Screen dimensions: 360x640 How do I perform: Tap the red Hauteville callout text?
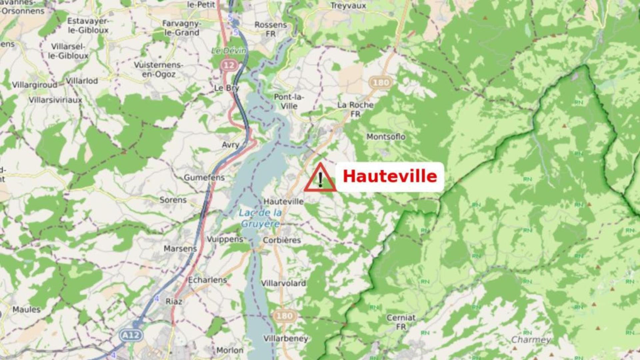tap(390, 176)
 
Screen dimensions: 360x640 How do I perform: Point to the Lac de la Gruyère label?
tap(260, 218)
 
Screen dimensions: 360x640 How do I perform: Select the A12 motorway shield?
tap(131, 335)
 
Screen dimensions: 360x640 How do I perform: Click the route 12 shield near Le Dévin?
tap(229, 65)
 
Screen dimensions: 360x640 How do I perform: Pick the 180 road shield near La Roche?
tap(381, 82)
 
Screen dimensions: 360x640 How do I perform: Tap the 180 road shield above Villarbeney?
tap(284, 315)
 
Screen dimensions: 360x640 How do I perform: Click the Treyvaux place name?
tap(348, 6)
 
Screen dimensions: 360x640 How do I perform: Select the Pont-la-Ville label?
tap(289, 101)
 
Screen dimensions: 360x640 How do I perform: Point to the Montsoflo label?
tap(386, 137)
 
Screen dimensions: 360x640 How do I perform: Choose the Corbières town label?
tap(282, 240)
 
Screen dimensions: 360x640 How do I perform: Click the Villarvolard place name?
tap(283, 283)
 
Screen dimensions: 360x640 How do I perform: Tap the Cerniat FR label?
tap(401, 322)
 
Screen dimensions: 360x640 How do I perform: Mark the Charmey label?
tap(531, 340)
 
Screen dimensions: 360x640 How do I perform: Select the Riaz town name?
tap(174, 302)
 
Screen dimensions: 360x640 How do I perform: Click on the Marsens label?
tap(180, 249)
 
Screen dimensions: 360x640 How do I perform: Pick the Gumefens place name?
tap(204, 178)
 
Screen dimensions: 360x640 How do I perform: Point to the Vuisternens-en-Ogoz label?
tap(159, 69)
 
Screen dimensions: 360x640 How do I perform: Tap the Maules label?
tap(26, 310)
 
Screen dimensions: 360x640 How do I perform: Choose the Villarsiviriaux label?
tap(55, 100)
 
